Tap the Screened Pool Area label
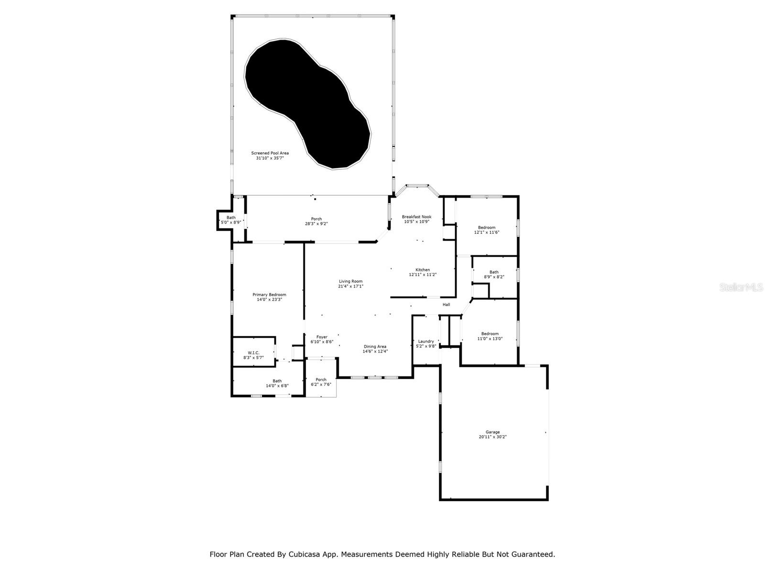(x=270, y=153)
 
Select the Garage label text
(x=492, y=432)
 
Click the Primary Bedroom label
(x=269, y=295)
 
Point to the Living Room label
(x=351, y=281)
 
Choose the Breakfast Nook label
(x=416, y=217)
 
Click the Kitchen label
(x=423, y=270)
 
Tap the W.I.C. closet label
(x=253, y=353)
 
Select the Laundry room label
(x=426, y=341)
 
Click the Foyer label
(x=322, y=337)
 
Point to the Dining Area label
(x=375, y=346)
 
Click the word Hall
(x=446, y=305)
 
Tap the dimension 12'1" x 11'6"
(x=487, y=232)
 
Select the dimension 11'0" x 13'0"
(x=490, y=339)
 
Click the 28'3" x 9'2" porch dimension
(x=317, y=223)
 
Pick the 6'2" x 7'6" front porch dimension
(x=321, y=384)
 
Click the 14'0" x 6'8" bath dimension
(x=277, y=386)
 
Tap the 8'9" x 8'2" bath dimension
(x=494, y=276)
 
